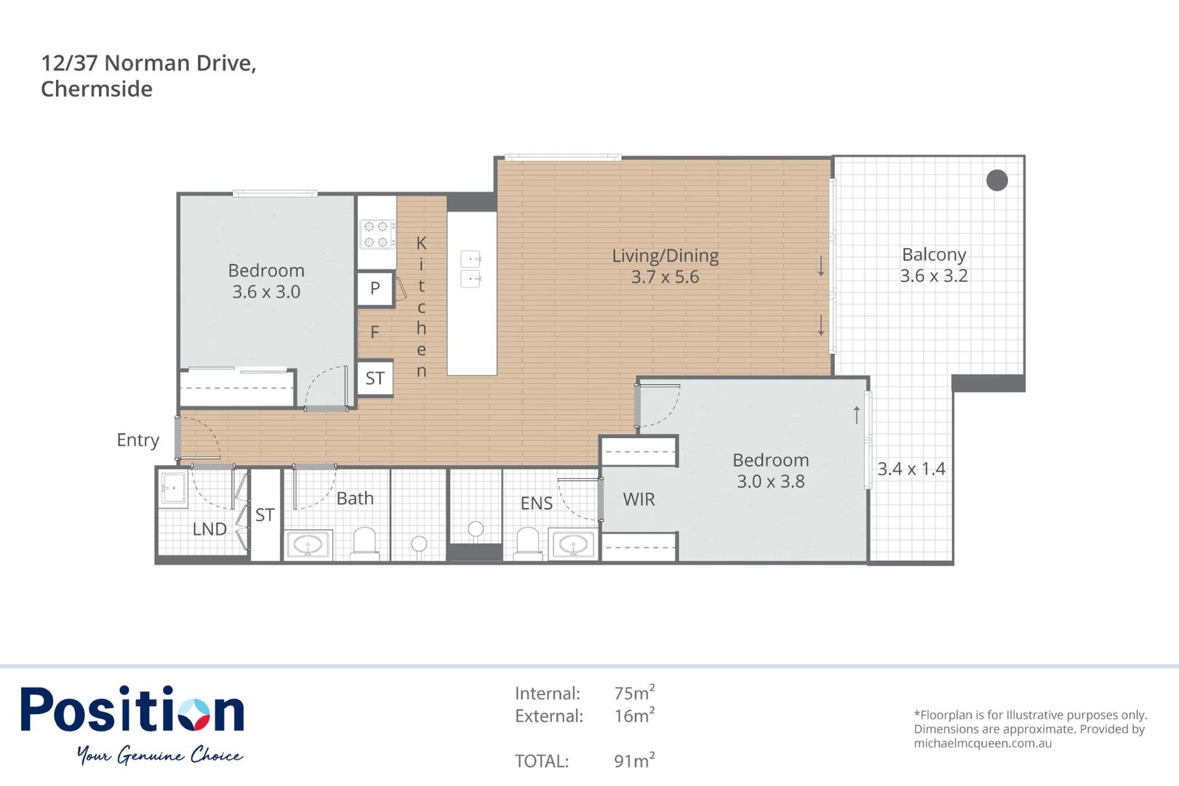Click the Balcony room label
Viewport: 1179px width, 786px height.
(934, 255)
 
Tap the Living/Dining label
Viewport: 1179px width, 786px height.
(665, 255)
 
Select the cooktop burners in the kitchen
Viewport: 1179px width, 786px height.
(376, 234)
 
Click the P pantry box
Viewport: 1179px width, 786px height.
(375, 288)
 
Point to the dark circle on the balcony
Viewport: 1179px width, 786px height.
(996, 180)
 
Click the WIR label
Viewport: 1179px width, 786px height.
(639, 499)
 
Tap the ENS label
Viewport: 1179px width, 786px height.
(536, 503)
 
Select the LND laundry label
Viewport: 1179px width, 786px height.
(209, 529)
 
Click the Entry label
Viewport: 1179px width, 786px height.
(137, 440)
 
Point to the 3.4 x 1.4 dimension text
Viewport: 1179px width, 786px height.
(911, 469)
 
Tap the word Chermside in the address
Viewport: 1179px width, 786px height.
(97, 89)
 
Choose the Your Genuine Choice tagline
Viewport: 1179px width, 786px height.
(160, 755)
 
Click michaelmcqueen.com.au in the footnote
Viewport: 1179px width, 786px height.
(983, 743)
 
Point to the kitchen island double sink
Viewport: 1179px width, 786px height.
(471, 269)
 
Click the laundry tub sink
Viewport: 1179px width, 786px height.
(173, 488)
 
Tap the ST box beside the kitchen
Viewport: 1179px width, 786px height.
(375, 378)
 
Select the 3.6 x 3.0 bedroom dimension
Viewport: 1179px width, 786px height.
(266, 292)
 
